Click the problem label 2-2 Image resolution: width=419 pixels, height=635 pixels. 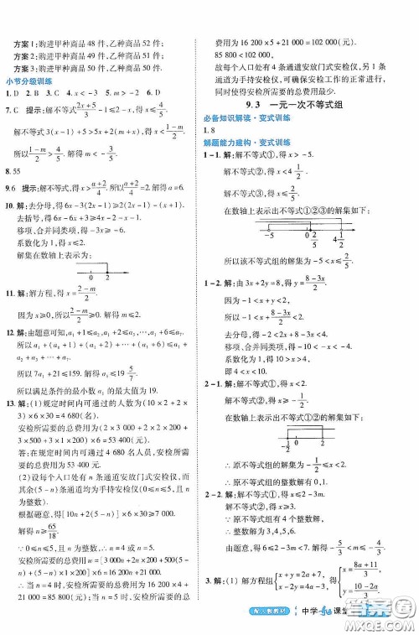click(x=213, y=518)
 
